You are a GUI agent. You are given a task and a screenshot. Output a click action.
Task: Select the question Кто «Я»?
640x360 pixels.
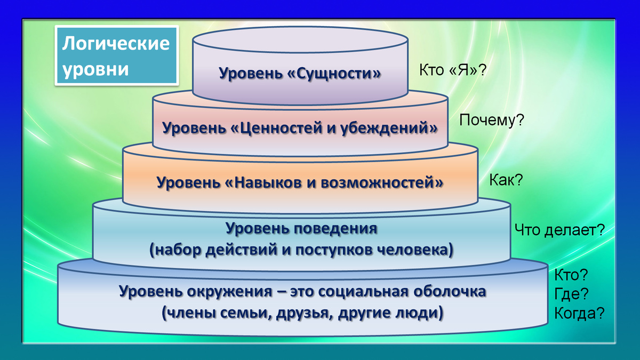[x=452, y=71]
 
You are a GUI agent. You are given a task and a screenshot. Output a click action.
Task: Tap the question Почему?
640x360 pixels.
[x=492, y=121]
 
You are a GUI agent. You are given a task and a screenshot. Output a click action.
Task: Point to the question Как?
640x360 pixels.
[x=506, y=180]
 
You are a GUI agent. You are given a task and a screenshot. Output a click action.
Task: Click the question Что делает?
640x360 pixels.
[x=559, y=230]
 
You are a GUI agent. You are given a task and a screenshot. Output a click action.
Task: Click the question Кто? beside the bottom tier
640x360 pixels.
[x=571, y=275]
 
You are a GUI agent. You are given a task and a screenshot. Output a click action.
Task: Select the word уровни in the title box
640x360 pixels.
[x=96, y=69]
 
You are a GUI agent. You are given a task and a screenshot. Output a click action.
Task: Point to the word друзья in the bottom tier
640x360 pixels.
[x=297, y=313]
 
